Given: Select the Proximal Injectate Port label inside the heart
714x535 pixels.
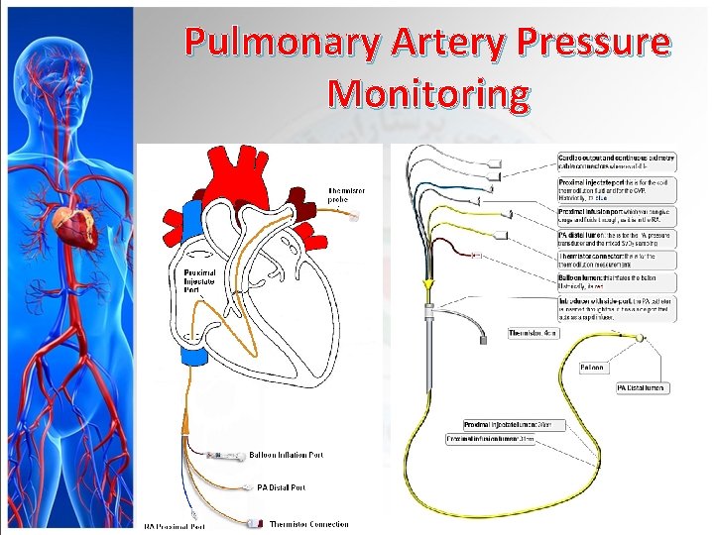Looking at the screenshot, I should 201,282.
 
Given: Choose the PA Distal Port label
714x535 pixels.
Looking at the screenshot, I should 281,487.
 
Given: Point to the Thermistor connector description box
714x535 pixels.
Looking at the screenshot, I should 618,260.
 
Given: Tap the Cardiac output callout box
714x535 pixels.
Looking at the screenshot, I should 618,160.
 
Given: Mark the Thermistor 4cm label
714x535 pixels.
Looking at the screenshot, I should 535,333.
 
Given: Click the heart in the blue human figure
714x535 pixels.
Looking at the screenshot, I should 70,227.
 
